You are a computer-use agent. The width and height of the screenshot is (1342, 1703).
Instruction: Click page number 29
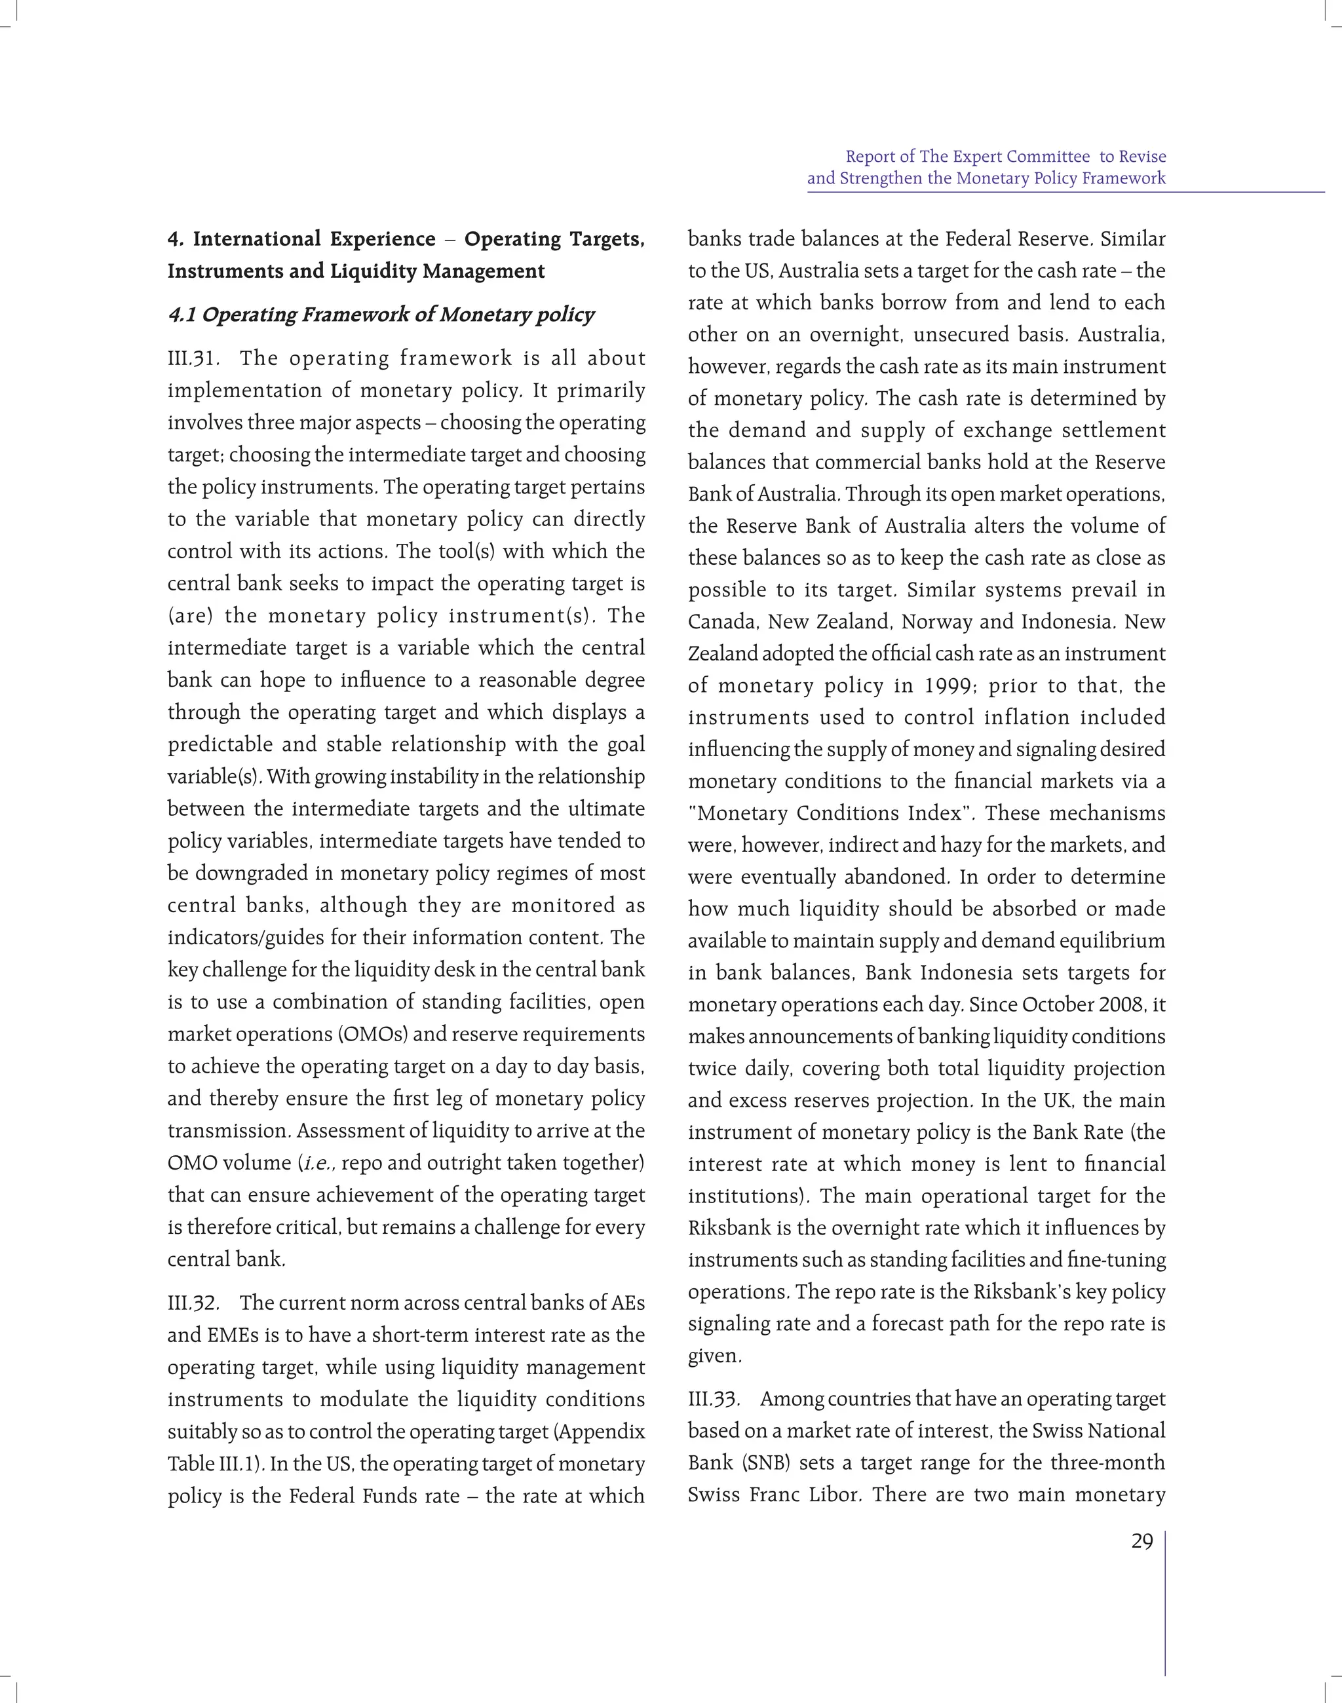tap(1141, 1542)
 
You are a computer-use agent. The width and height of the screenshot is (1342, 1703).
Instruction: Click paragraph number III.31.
tap(193, 359)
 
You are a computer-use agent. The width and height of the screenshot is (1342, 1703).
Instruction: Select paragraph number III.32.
tap(193, 1303)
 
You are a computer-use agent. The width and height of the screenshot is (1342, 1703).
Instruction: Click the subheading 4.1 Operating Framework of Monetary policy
tap(381, 315)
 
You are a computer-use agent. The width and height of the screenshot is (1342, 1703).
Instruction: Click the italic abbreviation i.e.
tap(319, 1163)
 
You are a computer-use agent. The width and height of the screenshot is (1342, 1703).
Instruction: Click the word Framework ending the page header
tap(1124, 178)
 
